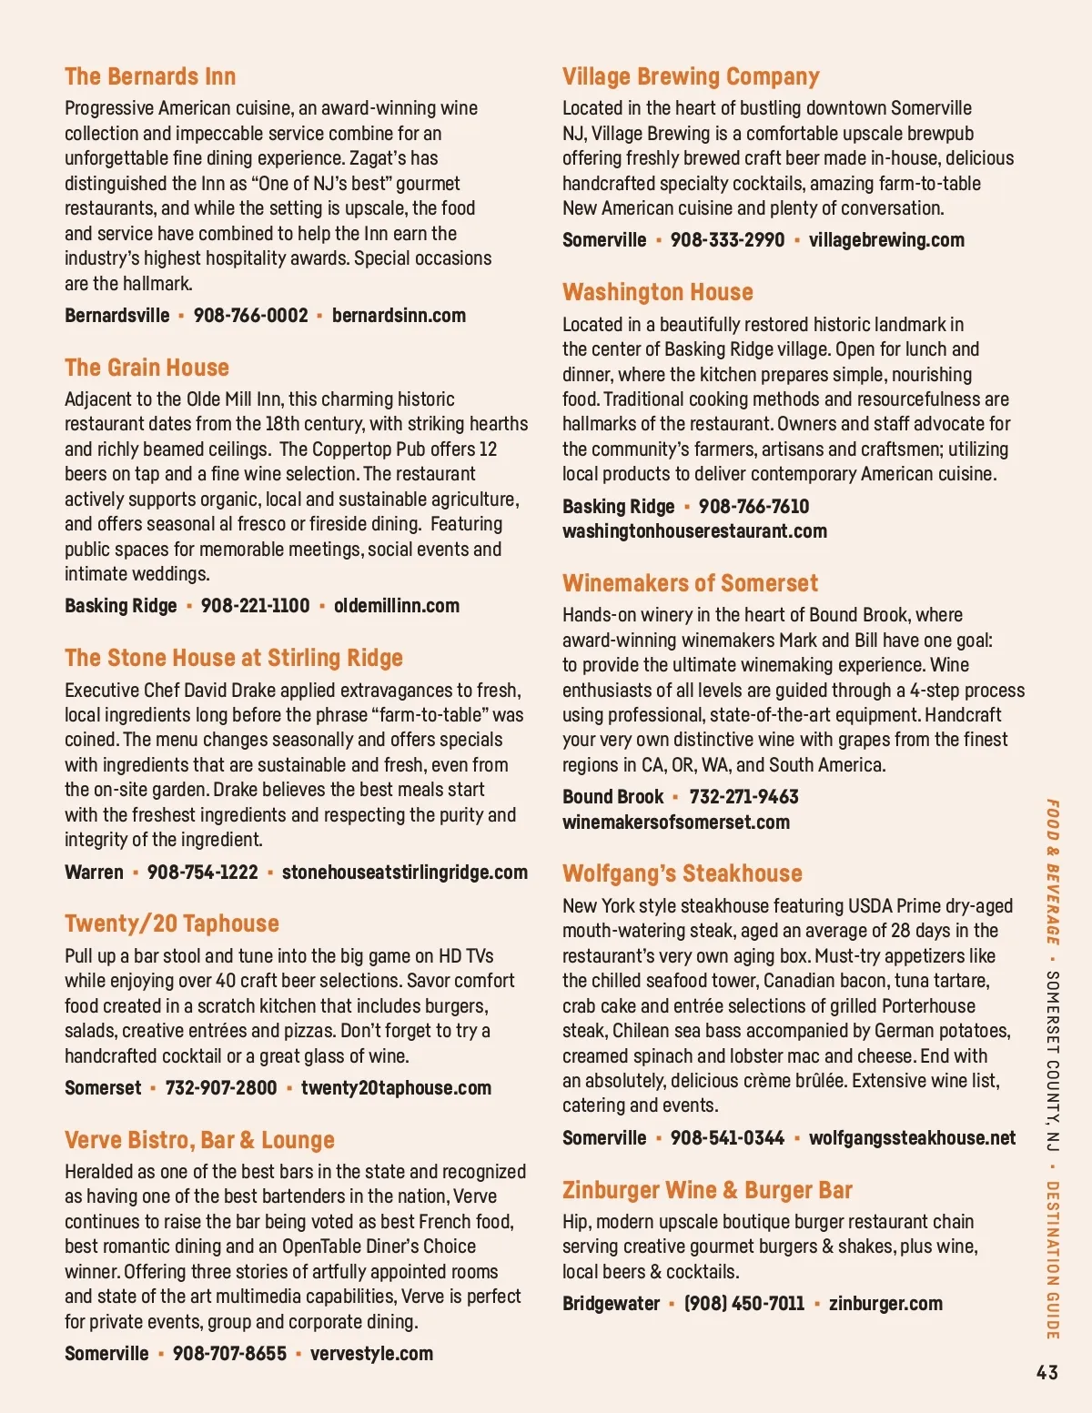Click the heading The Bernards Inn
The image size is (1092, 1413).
tap(150, 76)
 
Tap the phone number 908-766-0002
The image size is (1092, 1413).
tap(250, 316)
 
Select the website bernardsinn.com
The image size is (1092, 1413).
tap(399, 316)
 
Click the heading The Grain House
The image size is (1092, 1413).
tap(147, 368)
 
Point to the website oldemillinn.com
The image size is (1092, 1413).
tap(396, 606)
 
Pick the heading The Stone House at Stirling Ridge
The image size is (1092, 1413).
tap(234, 658)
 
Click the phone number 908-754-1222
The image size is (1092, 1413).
tap(202, 873)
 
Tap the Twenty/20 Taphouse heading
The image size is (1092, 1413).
tap(172, 923)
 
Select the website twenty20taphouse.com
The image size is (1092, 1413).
tap(396, 1088)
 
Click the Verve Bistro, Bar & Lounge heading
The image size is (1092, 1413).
tap(199, 1140)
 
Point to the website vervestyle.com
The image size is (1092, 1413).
tap(371, 1354)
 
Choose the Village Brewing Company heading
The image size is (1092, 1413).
tap(691, 76)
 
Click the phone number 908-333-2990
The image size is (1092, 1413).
tap(727, 240)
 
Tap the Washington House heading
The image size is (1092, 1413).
tap(658, 292)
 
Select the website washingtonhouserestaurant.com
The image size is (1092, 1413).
tap(694, 531)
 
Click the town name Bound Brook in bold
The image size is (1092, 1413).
tap(612, 797)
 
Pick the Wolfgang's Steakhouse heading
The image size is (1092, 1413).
tap(682, 873)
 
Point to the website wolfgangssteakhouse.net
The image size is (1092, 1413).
tap(912, 1138)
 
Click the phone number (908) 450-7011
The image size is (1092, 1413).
tap(744, 1304)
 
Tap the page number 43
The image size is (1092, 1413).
tap(1046, 1372)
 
